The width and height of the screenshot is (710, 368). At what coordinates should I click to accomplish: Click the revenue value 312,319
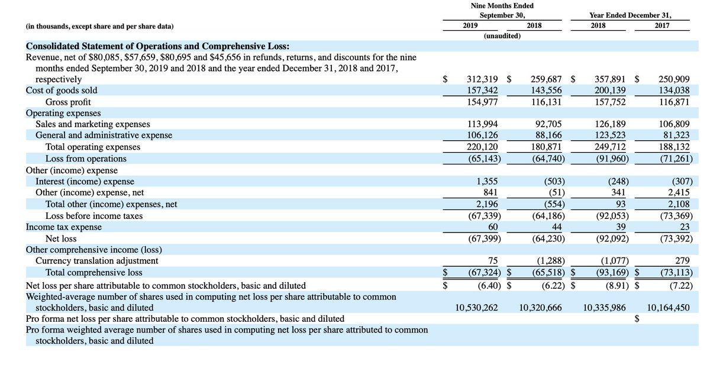pyautogui.click(x=482, y=79)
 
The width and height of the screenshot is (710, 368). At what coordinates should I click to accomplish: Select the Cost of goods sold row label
pyautogui.click(x=62, y=91)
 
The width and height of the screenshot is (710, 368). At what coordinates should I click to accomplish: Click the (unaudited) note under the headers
pyautogui.click(x=498, y=36)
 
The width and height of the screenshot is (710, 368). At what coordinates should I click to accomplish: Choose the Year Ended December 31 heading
pyautogui.click(x=630, y=15)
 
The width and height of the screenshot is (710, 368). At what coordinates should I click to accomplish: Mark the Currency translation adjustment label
pyautogui.click(x=97, y=261)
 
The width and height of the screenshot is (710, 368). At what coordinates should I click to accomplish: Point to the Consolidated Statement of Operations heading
pyautogui.click(x=157, y=46)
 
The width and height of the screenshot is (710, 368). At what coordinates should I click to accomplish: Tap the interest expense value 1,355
pyautogui.click(x=486, y=182)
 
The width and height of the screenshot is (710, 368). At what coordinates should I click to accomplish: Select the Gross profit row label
pyautogui.click(x=68, y=102)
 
